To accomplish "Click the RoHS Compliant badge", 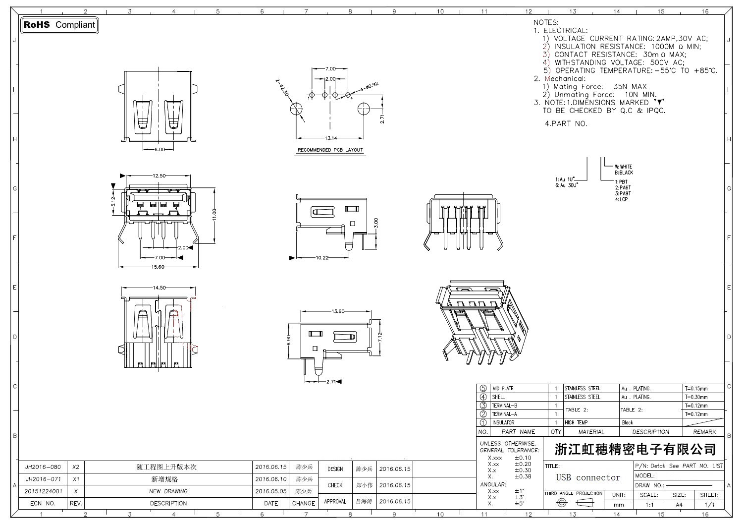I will pyautogui.click(x=59, y=25).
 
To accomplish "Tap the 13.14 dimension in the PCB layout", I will pyautogui.click(x=330, y=138).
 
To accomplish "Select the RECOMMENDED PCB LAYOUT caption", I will pyautogui.click(x=330, y=150).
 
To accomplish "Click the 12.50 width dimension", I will pyautogui.click(x=159, y=175).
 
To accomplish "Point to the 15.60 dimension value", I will pyautogui.click(x=158, y=267).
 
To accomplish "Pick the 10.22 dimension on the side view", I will pyautogui.click(x=322, y=258).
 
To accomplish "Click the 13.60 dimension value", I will pyautogui.click(x=338, y=311).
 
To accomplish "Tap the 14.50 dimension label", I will pyautogui.click(x=159, y=288).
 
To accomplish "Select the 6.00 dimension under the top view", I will pyautogui.click(x=159, y=149).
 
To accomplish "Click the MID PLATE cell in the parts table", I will pyautogui.click(x=503, y=389).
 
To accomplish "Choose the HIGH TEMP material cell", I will pyautogui.click(x=576, y=423).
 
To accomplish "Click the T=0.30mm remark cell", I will pyautogui.click(x=696, y=397).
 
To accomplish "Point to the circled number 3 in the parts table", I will pyautogui.click(x=483, y=406).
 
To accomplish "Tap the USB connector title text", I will pyautogui.click(x=588, y=478).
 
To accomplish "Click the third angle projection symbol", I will pyautogui.click(x=573, y=503).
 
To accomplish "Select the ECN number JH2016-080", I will pyautogui.click(x=43, y=467).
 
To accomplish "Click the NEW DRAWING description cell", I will pyautogui.click(x=168, y=492).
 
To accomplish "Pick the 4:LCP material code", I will pyautogui.click(x=621, y=199).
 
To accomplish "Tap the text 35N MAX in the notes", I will pyautogui.click(x=630, y=87).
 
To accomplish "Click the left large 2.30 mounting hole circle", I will pyautogui.click(x=297, y=109).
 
